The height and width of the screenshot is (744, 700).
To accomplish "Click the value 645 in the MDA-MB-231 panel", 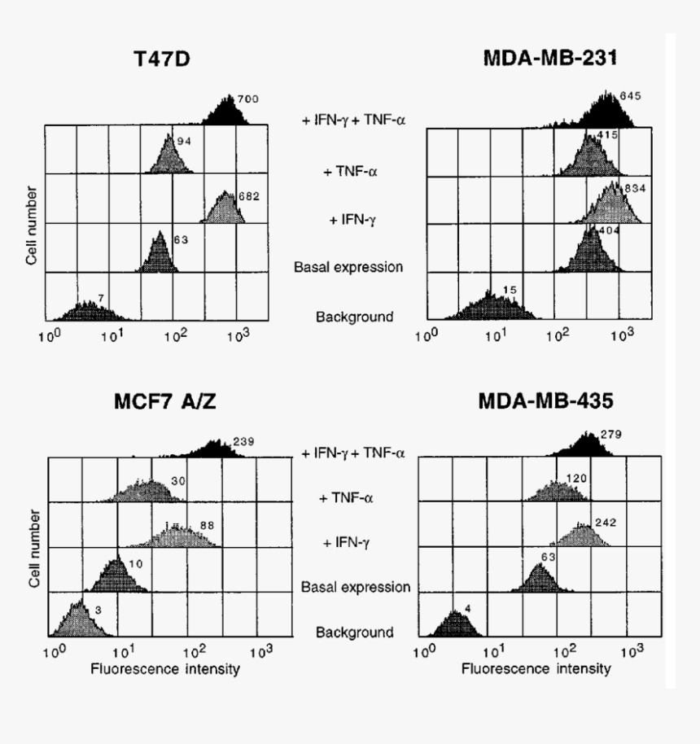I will pyautogui.click(x=631, y=96).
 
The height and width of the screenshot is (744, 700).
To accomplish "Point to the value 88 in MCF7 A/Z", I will pyautogui.click(x=207, y=525).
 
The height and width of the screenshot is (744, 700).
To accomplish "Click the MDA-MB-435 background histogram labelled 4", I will pyautogui.click(x=456, y=625).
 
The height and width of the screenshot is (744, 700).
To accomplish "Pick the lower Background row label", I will pyautogui.click(x=355, y=632).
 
